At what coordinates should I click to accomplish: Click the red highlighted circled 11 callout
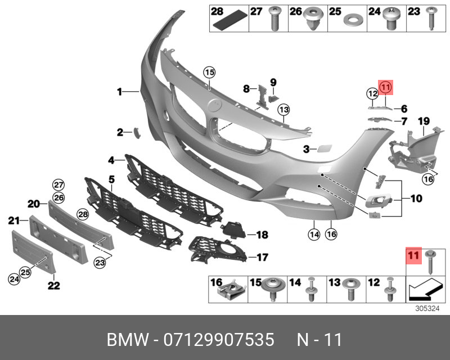click(385, 87)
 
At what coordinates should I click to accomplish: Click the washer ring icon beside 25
click(352, 21)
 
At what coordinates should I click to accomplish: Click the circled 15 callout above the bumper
click(209, 72)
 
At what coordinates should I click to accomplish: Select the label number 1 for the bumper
click(119, 91)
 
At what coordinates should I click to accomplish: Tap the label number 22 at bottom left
click(53, 285)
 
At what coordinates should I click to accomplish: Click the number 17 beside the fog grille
click(262, 258)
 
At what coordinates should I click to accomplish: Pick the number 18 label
click(262, 235)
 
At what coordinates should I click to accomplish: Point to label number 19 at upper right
click(424, 120)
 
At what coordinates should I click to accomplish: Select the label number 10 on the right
click(416, 198)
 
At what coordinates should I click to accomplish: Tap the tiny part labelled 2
click(135, 132)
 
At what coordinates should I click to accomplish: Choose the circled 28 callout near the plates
click(83, 214)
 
